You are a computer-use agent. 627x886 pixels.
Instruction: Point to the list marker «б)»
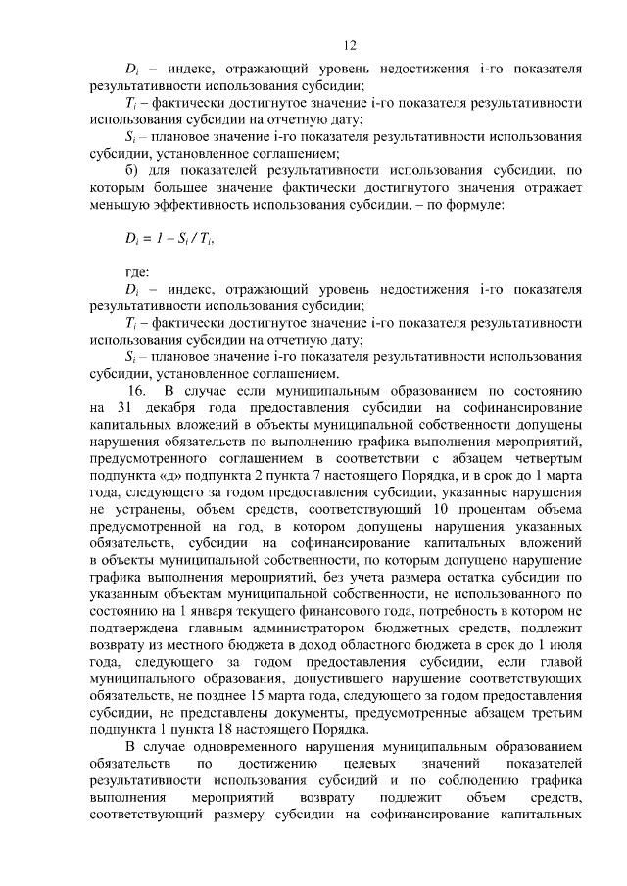point(133,169)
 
